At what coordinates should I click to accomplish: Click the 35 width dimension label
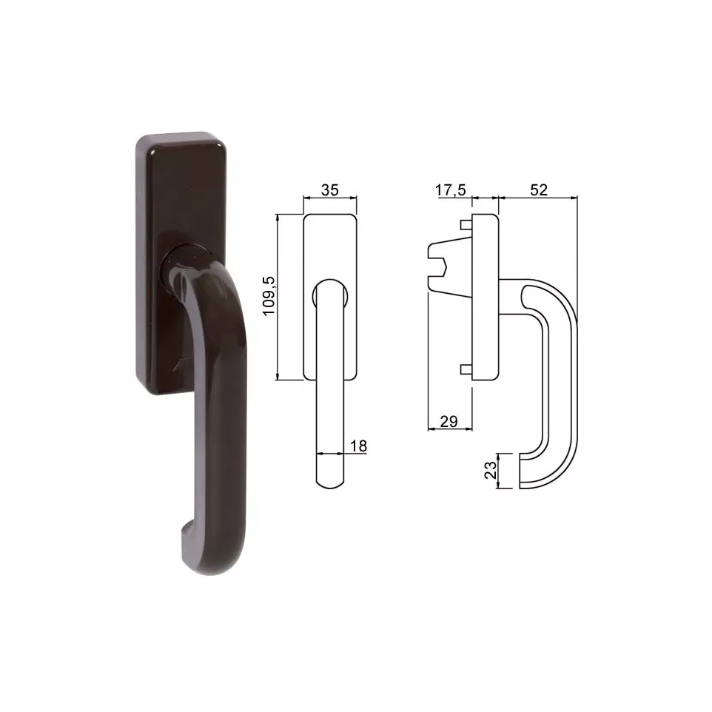pos(329,189)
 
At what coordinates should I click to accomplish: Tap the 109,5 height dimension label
pos(269,296)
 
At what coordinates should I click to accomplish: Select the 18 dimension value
pos(358,446)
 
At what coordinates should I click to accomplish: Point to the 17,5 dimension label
pos(451,189)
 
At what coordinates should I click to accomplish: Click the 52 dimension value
pos(539,189)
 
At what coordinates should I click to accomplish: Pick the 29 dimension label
pos(449,421)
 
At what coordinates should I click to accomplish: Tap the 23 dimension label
pos(491,471)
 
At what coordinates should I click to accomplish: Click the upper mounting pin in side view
pos(466,225)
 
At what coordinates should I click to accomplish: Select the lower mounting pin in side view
pos(466,369)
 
